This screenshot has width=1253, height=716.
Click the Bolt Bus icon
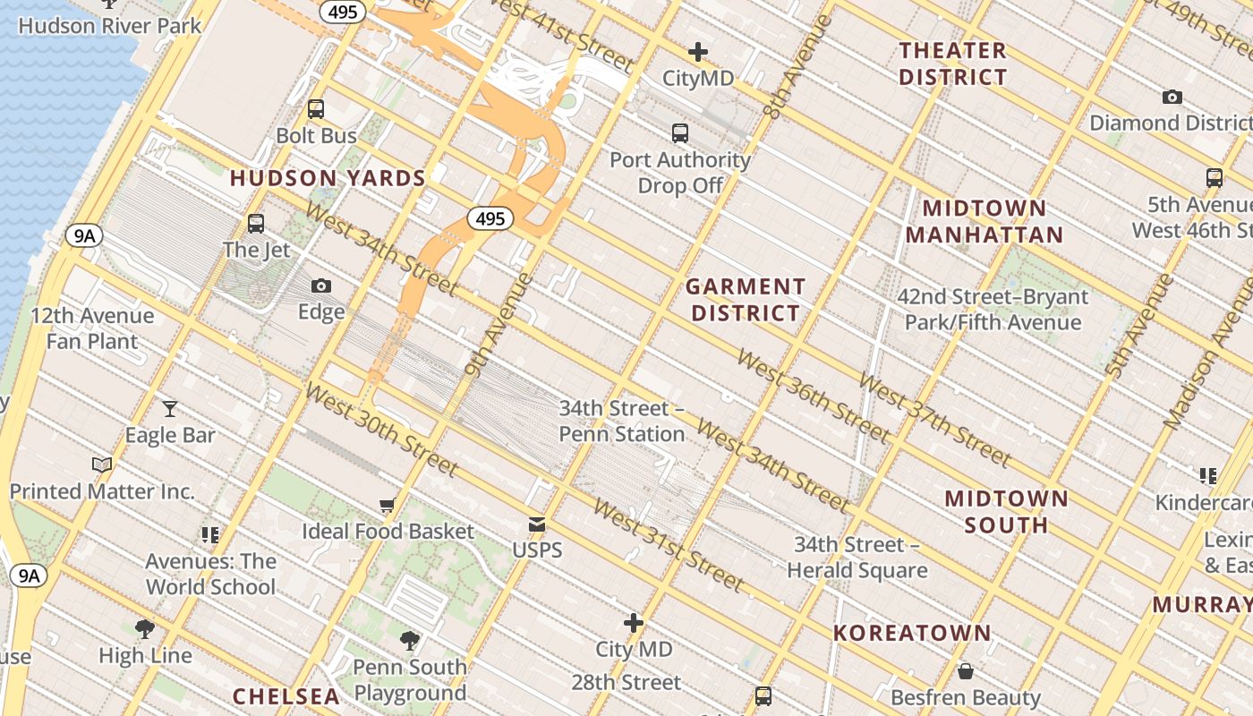(316, 109)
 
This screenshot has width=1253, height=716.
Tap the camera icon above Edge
(321, 286)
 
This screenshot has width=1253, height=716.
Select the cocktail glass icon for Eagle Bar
(170, 409)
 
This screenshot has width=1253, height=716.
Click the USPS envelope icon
(537, 524)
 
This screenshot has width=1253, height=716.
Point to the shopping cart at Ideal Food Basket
(388, 505)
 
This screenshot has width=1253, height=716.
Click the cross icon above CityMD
(698, 52)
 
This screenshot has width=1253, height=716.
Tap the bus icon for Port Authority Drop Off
(680, 133)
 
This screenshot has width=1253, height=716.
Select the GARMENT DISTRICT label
(746, 300)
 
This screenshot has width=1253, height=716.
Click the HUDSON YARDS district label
(328, 178)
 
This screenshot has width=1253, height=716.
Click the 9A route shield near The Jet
(84, 236)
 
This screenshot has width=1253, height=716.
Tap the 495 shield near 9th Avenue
(490, 218)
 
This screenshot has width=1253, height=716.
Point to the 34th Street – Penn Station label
(622, 422)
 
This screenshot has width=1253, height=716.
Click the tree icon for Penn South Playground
(410, 640)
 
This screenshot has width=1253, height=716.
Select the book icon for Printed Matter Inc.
(103, 465)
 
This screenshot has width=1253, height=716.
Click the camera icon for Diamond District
(1172, 97)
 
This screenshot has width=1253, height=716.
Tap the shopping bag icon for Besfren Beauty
(966, 670)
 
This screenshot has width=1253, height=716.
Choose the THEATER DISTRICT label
(953, 64)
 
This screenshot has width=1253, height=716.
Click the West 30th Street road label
(381, 430)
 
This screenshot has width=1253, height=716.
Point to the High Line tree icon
(144, 628)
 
